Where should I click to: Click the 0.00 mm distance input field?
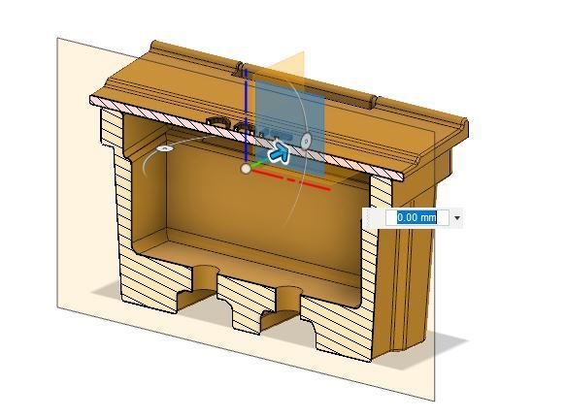(416, 218)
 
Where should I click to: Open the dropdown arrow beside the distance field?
(457, 218)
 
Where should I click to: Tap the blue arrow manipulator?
(280, 152)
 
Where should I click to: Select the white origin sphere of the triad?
(246, 169)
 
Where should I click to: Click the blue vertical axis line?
(246, 115)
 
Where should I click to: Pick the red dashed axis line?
(291, 179)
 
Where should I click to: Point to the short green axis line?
(257, 165)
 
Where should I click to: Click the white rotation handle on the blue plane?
(307, 140)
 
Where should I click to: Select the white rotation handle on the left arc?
(165, 147)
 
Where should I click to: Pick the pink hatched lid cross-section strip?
(246, 137)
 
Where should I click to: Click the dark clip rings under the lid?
(231, 124)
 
